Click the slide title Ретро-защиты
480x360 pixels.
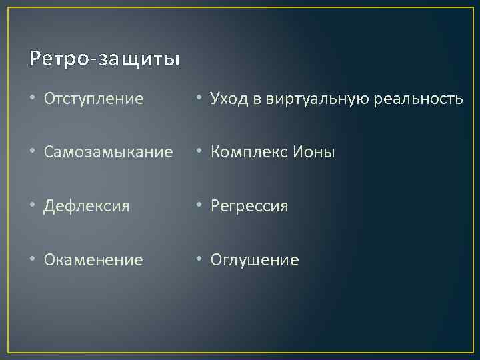point(105,59)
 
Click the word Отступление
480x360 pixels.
point(93,99)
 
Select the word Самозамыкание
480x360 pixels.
point(109,153)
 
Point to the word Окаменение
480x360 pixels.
point(93,260)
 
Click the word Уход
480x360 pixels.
point(228,99)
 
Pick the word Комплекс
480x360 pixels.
point(247,153)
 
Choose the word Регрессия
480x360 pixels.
point(249,207)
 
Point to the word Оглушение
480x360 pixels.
point(255,260)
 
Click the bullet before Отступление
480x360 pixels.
point(35,99)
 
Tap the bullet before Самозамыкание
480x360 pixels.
point(35,153)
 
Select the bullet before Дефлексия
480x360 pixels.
point(35,206)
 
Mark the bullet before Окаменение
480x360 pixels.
point(35,259)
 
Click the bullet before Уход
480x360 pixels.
point(201,99)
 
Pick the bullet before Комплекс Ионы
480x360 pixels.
point(201,153)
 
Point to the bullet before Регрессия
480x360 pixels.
point(201,206)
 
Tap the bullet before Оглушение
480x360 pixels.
point(201,259)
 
